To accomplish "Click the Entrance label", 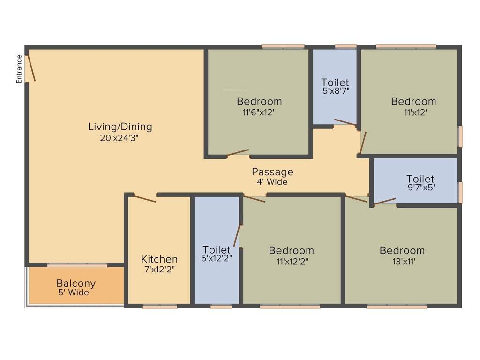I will tap(19, 69).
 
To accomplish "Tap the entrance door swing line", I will tap(30, 68).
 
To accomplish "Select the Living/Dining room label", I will tap(120, 127).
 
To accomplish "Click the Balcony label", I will tap(76, 284).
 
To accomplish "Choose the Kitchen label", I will tap(159, 259).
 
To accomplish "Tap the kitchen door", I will tap(143, 198).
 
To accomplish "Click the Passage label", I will tap(272, 172).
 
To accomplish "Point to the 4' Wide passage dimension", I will tap(272, 182).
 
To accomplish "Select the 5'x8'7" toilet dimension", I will tap(335, 92).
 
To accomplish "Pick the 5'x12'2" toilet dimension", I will tap(217, 258).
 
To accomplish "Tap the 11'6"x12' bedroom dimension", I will tap(259, 112).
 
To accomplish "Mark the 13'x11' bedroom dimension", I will tap(402, 262).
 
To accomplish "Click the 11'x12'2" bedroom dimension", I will tap(291, 262).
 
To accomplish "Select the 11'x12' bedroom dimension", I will tap(413, 112).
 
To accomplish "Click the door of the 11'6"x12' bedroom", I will tap(238, 152).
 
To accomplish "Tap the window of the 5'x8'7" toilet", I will tap(346, 46).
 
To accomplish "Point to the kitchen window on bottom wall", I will tap(160, 307).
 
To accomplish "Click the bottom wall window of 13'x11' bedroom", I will tap(397, 307).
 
